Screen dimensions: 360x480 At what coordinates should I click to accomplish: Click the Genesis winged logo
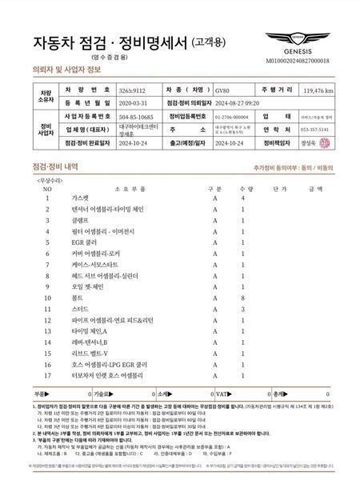tap(307, 38)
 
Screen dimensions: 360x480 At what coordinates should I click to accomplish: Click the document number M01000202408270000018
tap(307, 60)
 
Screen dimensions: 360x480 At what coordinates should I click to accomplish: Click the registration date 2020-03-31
tap(133, 103)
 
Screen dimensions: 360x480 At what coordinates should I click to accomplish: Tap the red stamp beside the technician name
tap(323, 142)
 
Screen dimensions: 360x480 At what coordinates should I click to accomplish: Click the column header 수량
tap(243, 189)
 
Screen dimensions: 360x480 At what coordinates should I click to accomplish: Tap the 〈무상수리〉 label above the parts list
tap(50, 181)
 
